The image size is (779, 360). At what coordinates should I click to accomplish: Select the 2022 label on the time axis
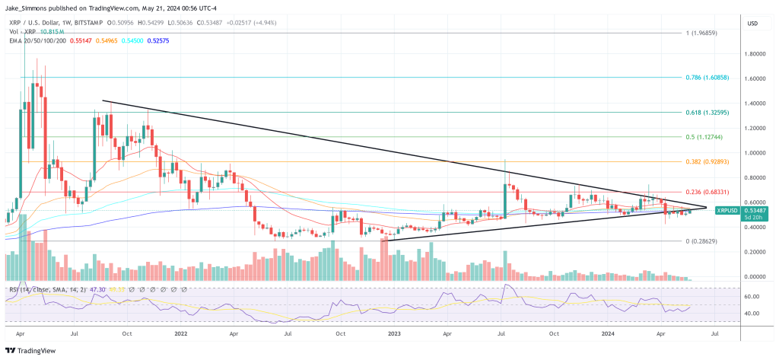click(x=180, y=333)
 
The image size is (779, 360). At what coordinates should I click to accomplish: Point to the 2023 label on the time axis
click(x=394, y=333)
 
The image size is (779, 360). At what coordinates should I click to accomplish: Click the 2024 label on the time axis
click(x=607, y=333)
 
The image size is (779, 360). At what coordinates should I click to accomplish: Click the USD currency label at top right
click(x=753, y=24)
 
